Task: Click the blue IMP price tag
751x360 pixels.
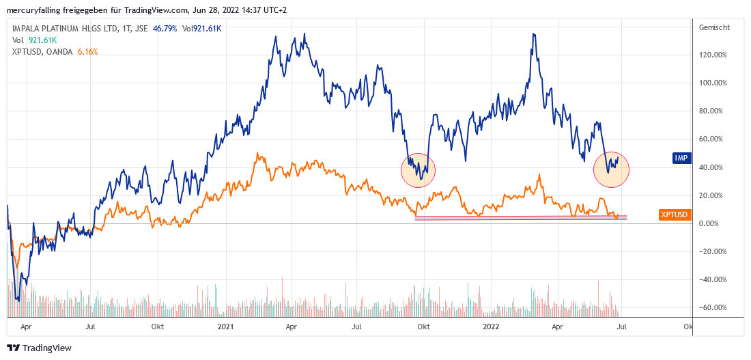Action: [x=681, y=158]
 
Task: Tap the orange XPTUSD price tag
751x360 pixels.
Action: [x=675, y=214]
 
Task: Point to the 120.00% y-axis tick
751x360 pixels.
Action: [x=713, y=55]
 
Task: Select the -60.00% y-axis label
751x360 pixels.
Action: [x=712, y=307]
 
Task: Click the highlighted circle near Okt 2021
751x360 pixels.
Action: [x=418, y=168]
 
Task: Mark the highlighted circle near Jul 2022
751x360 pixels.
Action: [x=611, y=169]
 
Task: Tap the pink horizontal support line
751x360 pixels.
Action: [x=519, y=218]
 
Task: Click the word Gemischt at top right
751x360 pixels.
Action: [x=715, y=28]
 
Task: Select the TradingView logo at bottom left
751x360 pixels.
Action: [x=40, y=348]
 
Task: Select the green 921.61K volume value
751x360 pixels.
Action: [x=42, y=40]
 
